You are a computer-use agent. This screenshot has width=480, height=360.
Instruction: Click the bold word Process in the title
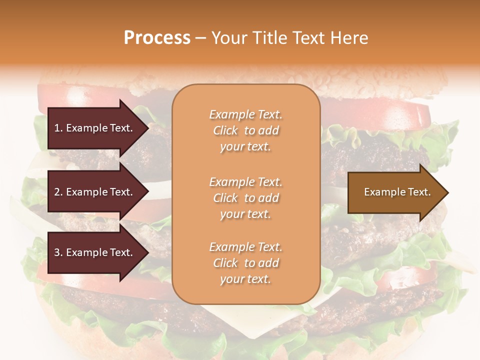pyautogui.click(x=157, y=38)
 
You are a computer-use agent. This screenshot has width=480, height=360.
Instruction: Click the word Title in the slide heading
pyautogui.click(x=270, y=38)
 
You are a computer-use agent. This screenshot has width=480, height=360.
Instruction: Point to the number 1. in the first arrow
pyautogui.click(x=58, y=128)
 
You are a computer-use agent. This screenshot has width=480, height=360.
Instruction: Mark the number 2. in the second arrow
pyautogui.click(x=58, y=192)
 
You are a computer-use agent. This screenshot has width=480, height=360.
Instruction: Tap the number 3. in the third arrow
pyautogui.click(x=58, y=252)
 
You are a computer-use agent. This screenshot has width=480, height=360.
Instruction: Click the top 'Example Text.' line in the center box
pyautogui.click(x=245, y=114)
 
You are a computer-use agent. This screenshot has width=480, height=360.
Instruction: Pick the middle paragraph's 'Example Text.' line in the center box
pyautogui.click(x=245, y=182)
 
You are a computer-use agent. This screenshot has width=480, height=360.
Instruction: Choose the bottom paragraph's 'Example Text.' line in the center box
pyautogui.click(x=245, y=247)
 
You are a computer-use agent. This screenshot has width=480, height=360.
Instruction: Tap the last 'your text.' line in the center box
pyautogui.click(x=245, y=279)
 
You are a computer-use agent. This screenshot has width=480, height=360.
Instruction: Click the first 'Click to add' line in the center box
pyautogui.click(x=245, y=130)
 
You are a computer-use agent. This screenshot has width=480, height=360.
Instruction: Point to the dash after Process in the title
pyautogui.click(x=200, y=38)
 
